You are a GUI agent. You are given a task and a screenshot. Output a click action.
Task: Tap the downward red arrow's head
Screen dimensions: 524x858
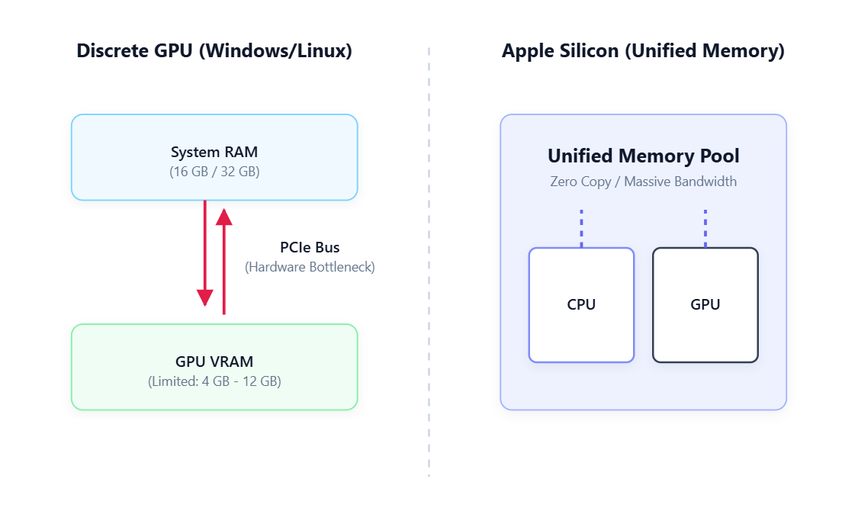click(204, 297)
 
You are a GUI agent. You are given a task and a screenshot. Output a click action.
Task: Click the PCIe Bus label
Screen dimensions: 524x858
click(310, 248)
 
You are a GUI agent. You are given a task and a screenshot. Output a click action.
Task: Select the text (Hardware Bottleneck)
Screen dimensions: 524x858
click(310, 267)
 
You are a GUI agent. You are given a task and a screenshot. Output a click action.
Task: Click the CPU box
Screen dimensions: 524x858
click(581, 305)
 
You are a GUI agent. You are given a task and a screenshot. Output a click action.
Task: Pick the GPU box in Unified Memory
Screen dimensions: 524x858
click(705, 305)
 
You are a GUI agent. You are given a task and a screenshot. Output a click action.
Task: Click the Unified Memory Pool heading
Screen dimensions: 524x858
click(643, 156)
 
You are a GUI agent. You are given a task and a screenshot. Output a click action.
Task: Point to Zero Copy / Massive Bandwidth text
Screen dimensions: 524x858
click(643, 182)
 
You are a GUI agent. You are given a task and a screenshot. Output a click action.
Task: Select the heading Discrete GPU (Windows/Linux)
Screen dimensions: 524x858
click(214, 52)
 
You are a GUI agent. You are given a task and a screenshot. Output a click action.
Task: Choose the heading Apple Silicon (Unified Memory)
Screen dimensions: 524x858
click(643, 52)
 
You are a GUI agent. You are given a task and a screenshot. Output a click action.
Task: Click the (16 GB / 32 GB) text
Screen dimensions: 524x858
click(214, 172)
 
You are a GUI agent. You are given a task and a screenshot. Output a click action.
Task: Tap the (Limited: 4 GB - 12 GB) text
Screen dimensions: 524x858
click(214, 381)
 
